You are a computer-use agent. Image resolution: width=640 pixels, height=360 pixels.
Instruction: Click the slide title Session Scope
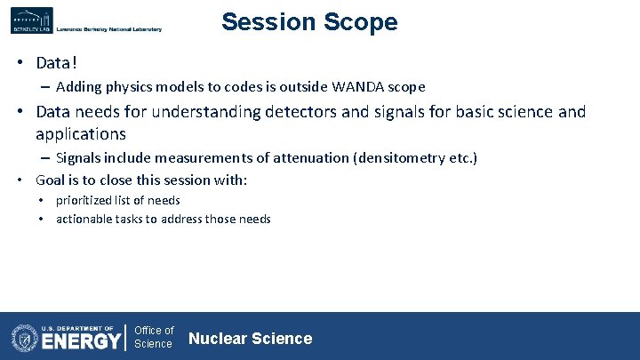(309, 22)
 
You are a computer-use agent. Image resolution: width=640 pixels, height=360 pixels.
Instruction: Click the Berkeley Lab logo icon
(32, 20)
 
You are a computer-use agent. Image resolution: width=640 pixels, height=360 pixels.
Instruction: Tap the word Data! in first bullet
(58, 63)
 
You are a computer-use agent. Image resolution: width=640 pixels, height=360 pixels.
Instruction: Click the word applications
(81, 134)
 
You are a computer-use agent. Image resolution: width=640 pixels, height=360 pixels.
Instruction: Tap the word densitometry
(404, 158)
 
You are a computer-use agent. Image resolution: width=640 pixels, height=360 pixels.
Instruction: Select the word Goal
(53, 180)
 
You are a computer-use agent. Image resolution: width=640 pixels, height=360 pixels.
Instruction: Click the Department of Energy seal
(24, 338)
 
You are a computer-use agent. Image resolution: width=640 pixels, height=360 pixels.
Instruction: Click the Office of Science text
(154, 337)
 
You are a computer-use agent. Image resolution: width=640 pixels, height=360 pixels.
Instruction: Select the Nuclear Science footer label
(250, 338)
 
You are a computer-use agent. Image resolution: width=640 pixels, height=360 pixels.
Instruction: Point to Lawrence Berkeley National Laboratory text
(108, 29)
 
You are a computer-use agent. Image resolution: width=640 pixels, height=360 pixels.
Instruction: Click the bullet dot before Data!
(18, 63)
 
